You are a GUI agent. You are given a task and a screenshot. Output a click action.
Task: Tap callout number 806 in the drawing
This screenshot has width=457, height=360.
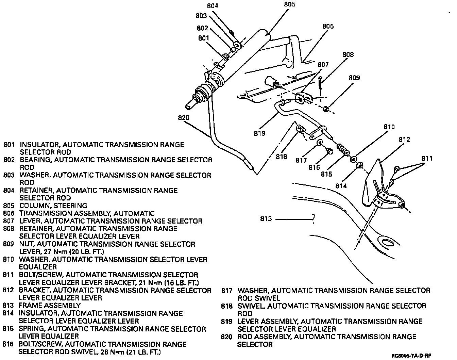(328, 27)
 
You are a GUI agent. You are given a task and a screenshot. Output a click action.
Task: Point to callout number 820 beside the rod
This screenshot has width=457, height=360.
(183, 118)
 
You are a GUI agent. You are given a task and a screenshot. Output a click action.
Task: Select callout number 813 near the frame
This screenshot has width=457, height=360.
(266, 219)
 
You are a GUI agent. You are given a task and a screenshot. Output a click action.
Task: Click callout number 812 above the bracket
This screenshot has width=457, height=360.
(405, 140)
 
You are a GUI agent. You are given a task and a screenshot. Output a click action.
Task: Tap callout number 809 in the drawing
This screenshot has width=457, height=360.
(354, 78)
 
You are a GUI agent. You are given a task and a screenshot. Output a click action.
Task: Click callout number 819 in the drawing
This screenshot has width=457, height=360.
(259, 133)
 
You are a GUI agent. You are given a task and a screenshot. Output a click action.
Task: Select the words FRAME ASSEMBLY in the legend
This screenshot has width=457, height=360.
(50, 306)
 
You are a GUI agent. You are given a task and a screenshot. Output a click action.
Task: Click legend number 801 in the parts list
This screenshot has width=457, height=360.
(9, 145)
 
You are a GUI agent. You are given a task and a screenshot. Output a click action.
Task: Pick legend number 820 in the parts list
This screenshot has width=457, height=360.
(226, 337)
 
